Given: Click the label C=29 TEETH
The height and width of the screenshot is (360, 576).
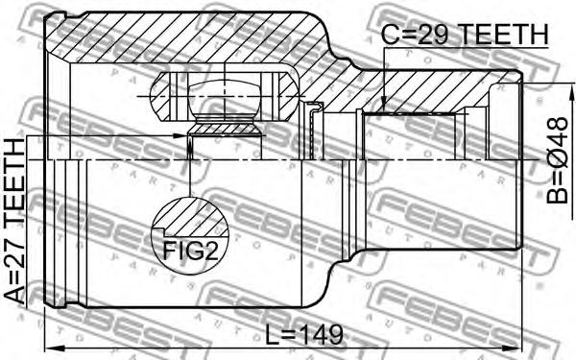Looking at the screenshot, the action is (465, 35).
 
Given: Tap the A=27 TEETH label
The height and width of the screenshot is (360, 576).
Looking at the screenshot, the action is (14, 222).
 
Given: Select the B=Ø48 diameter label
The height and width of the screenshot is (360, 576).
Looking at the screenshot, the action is (557, 160).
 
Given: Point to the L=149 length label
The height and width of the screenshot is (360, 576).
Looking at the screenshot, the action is (304, 335).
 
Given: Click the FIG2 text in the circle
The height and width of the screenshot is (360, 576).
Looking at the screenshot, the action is (190, 251).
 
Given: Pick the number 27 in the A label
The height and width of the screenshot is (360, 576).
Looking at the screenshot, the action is (14, 264).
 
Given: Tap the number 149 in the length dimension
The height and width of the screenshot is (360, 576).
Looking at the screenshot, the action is (323, 335).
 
